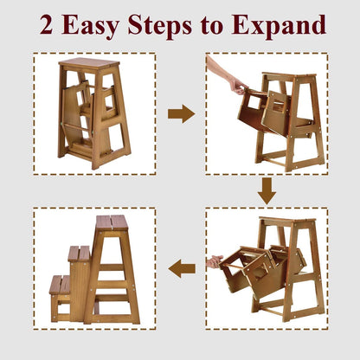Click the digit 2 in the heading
tap(47, 24)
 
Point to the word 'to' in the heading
tap(212, 26)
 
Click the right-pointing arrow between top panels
tap(181, 114)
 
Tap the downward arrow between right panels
tap(267, 191)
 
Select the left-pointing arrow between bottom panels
tap(182, 268)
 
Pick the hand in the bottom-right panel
tap(215, 261)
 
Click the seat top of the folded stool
tap(90, 62)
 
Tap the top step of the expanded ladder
tap(112, 222)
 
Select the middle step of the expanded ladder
tap(80, 254)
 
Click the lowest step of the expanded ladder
tap(60, 285)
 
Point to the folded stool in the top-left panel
tap(93, 113)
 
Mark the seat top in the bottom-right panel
tap(287, 220)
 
